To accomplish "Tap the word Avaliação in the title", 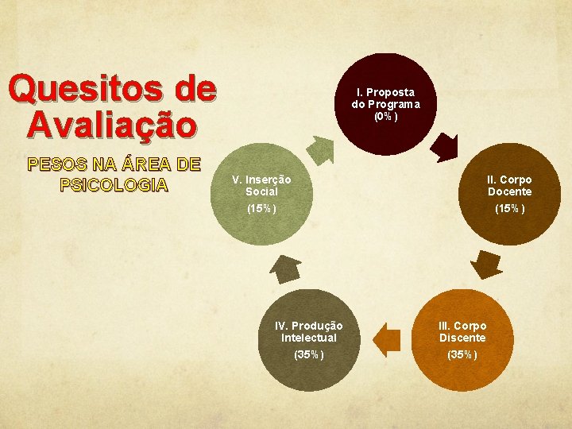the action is click(110, 124).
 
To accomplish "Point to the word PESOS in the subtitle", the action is click(55, 164).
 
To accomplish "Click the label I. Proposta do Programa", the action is click(386, 98).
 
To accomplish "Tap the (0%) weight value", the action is click(386, 117).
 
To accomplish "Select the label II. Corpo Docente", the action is click(509, 186).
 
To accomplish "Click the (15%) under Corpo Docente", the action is click(509, 209).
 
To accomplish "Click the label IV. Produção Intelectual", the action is click(308, 332).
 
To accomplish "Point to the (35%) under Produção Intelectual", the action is click(308, 354).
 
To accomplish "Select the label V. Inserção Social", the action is click(261, 186).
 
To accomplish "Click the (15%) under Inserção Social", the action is click(261, 209).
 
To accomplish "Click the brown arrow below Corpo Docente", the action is click(480, 263).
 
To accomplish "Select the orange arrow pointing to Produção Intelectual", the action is click(387, 340).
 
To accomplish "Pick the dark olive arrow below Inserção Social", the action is click(284, 271).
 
